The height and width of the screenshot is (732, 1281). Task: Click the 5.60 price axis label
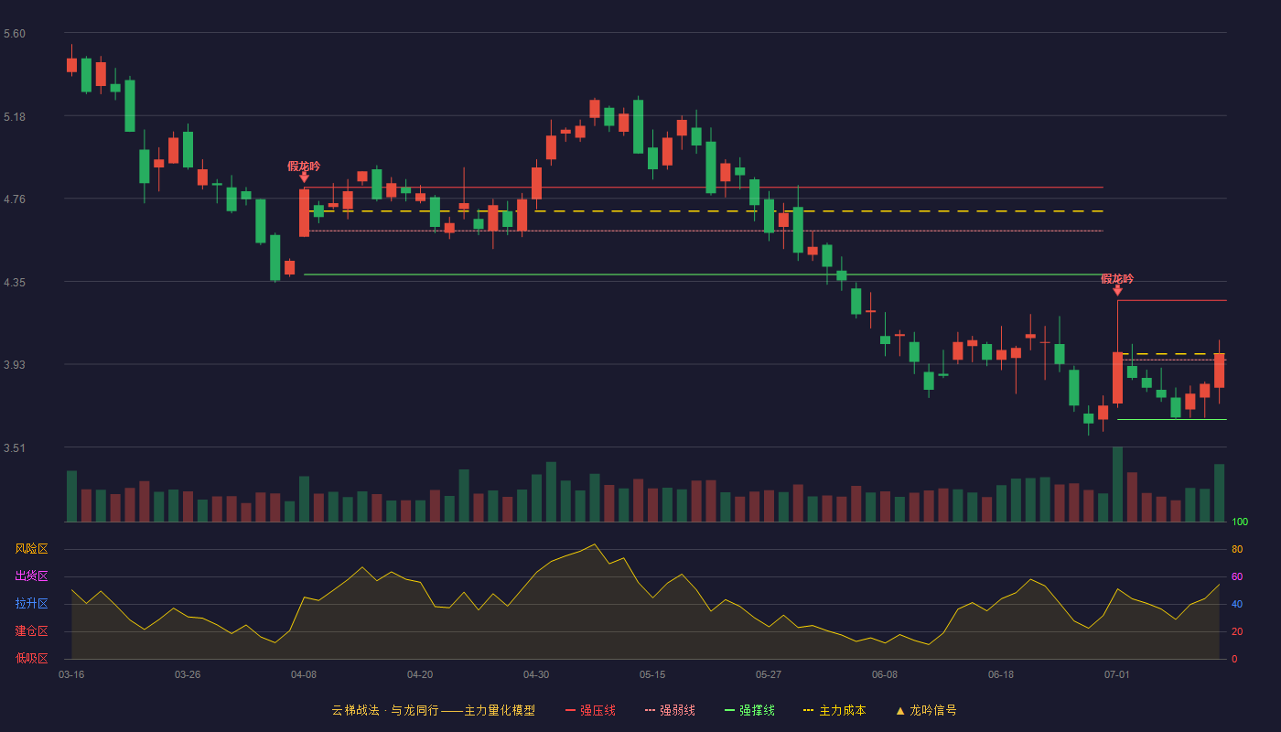coord(15,34)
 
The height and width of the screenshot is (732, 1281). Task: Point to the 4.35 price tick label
coord(15,283)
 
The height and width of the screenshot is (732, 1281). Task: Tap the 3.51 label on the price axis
coord(15,447)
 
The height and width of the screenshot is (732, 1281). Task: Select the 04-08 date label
coord(304,675)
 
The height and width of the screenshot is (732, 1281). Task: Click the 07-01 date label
coord(1117,675)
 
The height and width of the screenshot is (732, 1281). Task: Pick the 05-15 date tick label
coord(652,675)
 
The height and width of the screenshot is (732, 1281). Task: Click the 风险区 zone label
coord(31,548)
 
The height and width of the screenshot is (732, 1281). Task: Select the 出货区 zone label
coord(31,576)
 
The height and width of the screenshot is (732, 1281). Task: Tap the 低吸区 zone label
coord(31,658)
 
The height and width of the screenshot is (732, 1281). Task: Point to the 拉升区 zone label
coord(31,603)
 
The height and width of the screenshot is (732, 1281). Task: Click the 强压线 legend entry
coord(590,710)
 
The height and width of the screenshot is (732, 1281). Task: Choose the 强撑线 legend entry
coord(749,710)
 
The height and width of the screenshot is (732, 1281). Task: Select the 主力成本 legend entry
coord(834,710)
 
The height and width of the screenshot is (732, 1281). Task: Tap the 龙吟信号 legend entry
coord(926,710)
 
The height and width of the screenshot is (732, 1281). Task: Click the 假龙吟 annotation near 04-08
coord(304,167)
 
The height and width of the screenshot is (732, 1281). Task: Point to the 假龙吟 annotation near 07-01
coord(1117,279)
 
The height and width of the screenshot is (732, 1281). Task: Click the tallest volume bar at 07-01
coord(1117,484)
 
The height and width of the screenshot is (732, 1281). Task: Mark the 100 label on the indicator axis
coord(1240,522)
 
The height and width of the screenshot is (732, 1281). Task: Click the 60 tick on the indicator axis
coord(1237,576)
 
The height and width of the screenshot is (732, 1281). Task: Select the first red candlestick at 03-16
coord(71,65)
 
